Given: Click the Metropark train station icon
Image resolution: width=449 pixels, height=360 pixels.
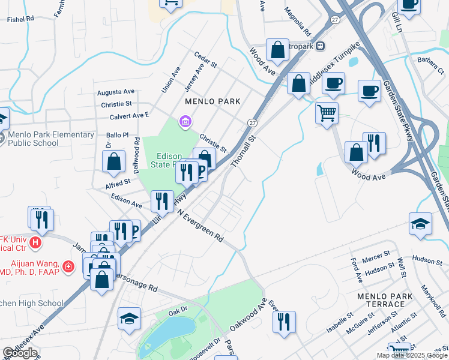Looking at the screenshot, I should (x=321, y=46).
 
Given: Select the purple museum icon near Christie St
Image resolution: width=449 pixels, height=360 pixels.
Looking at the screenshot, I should (x=185, y=123).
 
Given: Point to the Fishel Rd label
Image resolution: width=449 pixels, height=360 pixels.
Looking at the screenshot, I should (x=20, y=19).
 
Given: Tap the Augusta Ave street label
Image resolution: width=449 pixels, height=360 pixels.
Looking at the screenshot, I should (x=116, y=92).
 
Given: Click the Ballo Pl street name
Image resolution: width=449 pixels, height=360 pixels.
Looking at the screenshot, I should (x=118, y=135).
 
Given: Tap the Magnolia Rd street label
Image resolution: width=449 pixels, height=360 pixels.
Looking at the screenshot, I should (x=297, y=21).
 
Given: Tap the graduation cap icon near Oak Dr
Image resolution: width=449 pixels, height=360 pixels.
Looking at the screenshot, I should (x=129, y=319).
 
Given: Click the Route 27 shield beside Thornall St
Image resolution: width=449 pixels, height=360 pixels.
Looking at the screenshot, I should (x=252, y=122).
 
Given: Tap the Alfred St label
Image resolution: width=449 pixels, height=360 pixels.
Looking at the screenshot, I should (x=118, y=182).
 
